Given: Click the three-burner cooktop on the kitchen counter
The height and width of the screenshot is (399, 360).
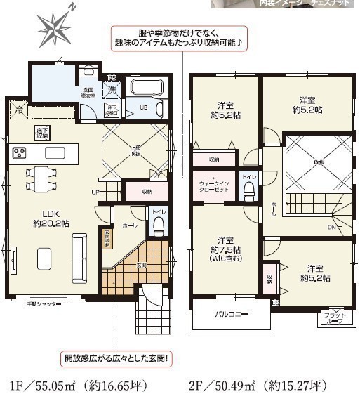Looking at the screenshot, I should click(18, 152).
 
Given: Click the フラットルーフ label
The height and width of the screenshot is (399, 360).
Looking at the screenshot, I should click(333, 318).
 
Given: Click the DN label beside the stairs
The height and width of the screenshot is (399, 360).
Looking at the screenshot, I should click(331, 227).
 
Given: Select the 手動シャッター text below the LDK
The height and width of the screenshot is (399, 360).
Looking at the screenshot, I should click(46, 304).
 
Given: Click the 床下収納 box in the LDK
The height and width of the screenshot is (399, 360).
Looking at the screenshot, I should click(42, 133).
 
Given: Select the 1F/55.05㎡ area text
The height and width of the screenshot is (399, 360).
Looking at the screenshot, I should click(88, 386).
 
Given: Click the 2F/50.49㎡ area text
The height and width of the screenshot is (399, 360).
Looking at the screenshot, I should click(258, 386).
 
